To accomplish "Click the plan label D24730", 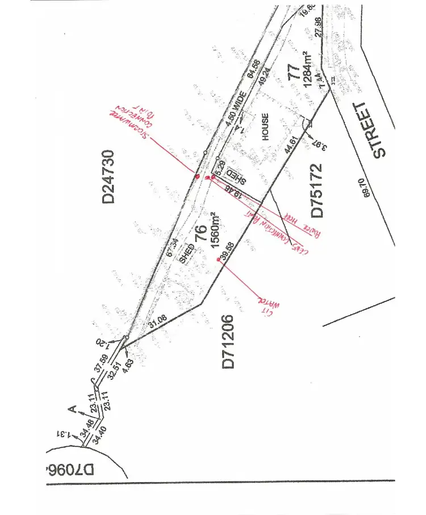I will coord(107,176).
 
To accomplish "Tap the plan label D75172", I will coord(316,190).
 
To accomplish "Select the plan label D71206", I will coord(228,342).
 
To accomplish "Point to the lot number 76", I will coord(201,234).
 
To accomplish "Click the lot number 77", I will coord(294,74).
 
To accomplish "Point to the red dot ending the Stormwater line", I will coord(197,177).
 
